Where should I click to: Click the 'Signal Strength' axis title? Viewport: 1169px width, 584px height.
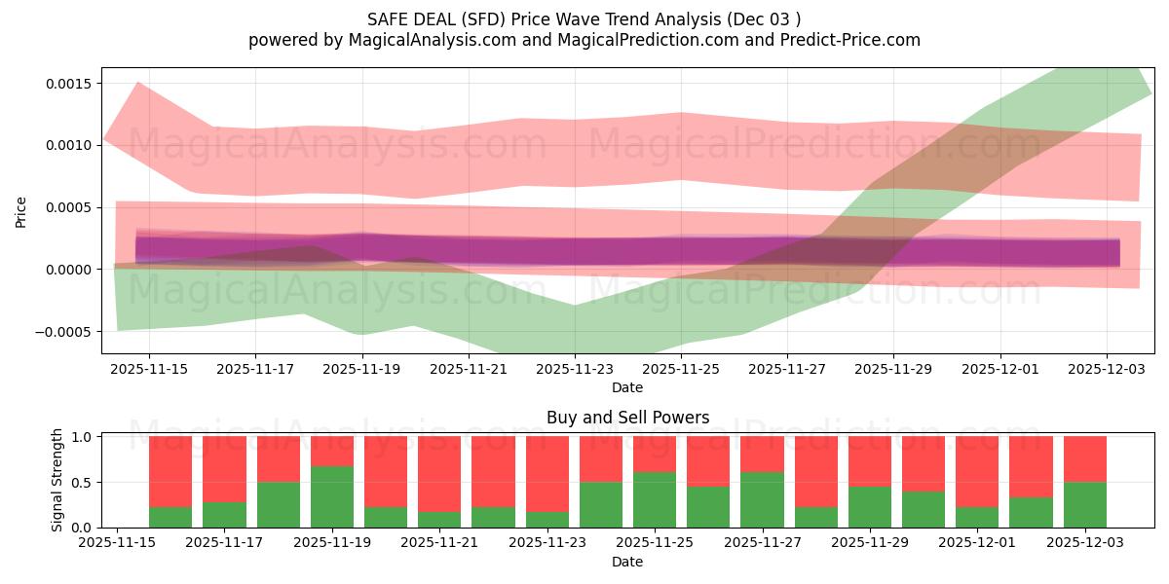coord(57,480)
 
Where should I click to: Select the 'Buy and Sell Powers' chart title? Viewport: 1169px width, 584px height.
coord(627,419)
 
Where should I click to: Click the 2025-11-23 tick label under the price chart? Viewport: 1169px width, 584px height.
coord(575,369)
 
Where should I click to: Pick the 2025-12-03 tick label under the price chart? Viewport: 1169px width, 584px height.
coord(1107,369)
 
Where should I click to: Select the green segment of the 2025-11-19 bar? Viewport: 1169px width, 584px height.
coord(332,496)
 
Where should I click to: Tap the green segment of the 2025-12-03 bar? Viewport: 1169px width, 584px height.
coord(1084,504)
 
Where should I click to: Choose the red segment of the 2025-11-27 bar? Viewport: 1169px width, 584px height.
coord(761,455)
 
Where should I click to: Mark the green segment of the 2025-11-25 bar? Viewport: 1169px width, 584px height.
coord(654,499)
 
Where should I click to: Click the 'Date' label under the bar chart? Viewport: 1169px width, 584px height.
coord(627,562)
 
